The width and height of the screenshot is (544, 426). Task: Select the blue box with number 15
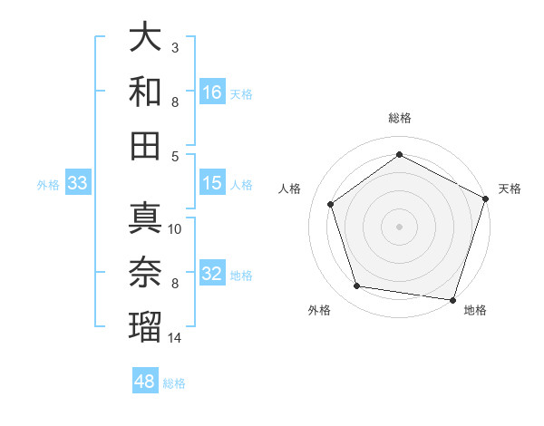pyautogui.click(x=212, y=183)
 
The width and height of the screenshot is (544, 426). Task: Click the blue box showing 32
pyautogui.click(x=212, y=273)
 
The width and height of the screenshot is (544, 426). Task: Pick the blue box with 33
pyautogui.click(x=77, y=184)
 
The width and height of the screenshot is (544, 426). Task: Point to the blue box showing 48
pyautogui.click(x=144, y=382)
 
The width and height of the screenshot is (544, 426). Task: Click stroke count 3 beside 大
pyautogui.click(x=175, y=47)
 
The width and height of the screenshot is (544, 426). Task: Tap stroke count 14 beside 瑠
pyautogui.click(x=175, y=338)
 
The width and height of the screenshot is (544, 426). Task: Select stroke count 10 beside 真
pyautogui.click(x=175, y=229)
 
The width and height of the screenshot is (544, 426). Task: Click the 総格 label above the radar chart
pyautogui.click(x=400, y=118)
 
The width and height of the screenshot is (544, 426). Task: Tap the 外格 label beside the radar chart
pyautogui.click(x=319, y=310)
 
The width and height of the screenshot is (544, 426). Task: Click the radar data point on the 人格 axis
pyautogui.click(x=330, y=204)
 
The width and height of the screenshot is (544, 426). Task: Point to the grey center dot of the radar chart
pyautogui.click(x=400, y=226)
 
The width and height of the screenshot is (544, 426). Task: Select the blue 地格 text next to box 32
pyautogui.click(x=241, y=275)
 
